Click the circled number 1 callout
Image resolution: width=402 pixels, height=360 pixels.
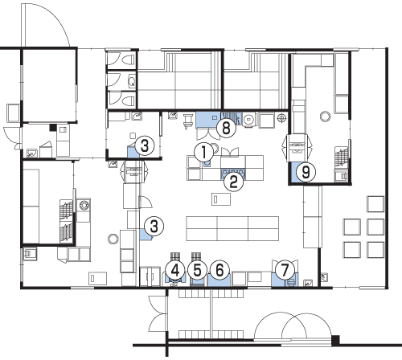204,152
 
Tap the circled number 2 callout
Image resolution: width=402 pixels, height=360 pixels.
234,182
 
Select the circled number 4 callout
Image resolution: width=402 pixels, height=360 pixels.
175,271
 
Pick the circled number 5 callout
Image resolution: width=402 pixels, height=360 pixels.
197,271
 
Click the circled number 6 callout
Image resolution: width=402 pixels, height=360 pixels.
219,270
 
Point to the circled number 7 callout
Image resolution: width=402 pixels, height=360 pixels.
285,270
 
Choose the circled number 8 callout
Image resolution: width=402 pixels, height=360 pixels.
227,128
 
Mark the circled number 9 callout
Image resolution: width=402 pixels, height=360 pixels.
306,172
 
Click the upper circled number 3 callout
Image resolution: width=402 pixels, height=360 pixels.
145,146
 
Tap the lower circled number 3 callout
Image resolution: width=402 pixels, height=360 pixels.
154,227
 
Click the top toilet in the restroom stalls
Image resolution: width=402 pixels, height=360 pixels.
129,59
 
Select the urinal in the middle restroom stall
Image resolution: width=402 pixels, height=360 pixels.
132,81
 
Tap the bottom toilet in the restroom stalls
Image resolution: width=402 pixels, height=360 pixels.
129,101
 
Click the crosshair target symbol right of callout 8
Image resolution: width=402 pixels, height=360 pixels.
281,118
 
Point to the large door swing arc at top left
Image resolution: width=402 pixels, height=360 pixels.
55,16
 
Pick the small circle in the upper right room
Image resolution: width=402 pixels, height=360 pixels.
326,117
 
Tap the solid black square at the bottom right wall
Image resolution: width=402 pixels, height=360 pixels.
335,340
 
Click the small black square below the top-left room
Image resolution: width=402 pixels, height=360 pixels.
52,128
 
